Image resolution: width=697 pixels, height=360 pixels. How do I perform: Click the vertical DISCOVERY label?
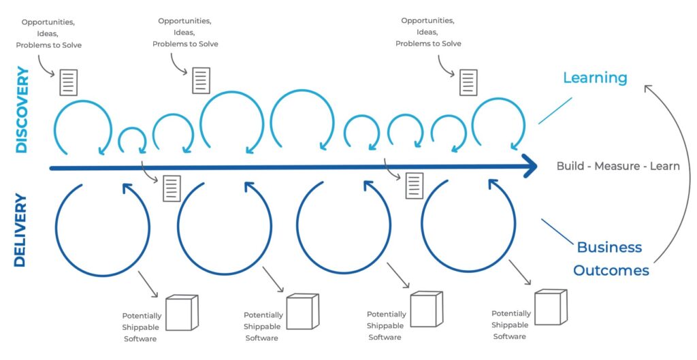22,110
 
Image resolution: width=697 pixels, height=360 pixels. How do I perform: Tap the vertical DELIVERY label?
20,230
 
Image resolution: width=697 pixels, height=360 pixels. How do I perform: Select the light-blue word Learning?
594,78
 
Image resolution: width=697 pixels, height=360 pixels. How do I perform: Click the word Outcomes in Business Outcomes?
611,270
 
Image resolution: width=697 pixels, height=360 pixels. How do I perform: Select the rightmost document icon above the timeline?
468,82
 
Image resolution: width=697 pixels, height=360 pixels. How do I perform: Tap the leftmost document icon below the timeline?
172,189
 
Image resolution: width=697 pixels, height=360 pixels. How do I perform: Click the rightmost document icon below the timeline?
414,186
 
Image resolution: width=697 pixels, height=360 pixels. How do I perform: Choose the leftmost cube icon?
181,312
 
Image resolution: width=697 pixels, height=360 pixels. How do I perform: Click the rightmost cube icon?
550,307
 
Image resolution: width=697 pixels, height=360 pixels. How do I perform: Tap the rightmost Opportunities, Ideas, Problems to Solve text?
428,32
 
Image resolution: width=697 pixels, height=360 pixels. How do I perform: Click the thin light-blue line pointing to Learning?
555,110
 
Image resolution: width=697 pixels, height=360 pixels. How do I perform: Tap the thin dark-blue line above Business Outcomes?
556,231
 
